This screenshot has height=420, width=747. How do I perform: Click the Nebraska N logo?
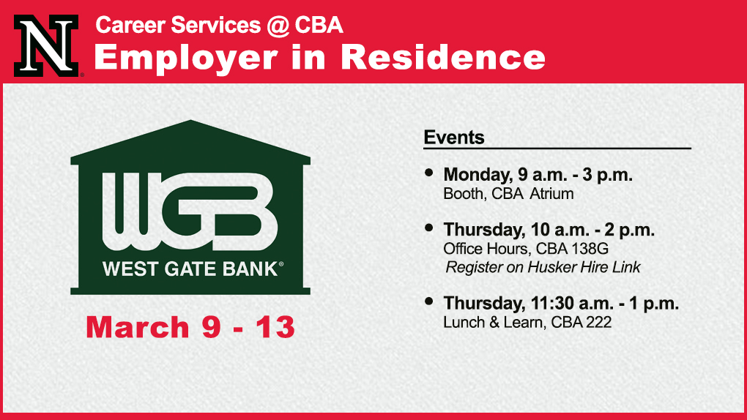46,45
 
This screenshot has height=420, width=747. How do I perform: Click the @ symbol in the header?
278,26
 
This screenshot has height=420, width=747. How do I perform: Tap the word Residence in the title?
443,57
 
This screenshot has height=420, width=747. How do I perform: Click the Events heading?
454,137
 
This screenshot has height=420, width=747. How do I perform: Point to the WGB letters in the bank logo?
190,211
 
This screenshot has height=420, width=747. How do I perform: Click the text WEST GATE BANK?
190,269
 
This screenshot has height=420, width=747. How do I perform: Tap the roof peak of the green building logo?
190,121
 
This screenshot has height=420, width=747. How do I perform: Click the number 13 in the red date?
275,327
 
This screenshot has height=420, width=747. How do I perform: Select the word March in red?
138,327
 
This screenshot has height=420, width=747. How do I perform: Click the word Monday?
477,175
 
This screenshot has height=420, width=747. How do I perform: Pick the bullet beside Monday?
428,173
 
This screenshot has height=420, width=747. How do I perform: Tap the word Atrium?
551,194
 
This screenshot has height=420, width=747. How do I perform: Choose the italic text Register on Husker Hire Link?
543,267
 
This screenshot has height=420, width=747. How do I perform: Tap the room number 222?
598,323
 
